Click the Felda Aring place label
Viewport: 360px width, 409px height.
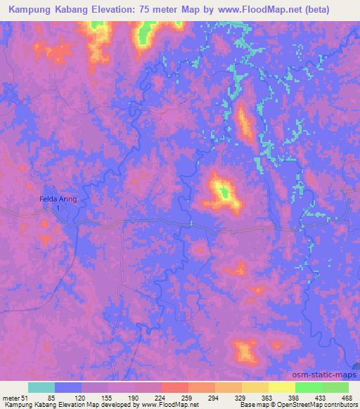(58, 200)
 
